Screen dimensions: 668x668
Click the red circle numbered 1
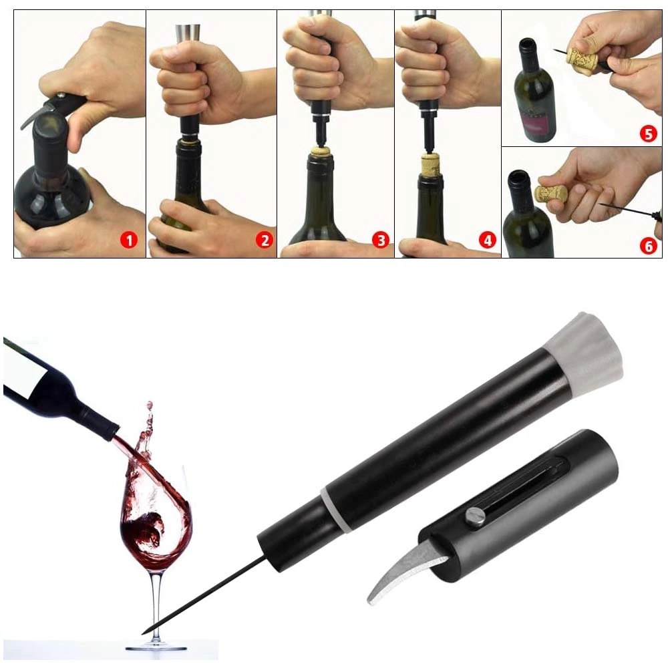click(129, 240)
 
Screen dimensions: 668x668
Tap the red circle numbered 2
click(264, 240)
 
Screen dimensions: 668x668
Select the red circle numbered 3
click(381, 240)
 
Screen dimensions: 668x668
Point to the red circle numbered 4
click(488, 240)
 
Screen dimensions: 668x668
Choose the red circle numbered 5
click(648, 134)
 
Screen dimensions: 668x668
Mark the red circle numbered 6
click(649, 246)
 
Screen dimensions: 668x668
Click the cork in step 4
click(431, 165)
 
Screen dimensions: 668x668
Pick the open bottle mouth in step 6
click(519, 174)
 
